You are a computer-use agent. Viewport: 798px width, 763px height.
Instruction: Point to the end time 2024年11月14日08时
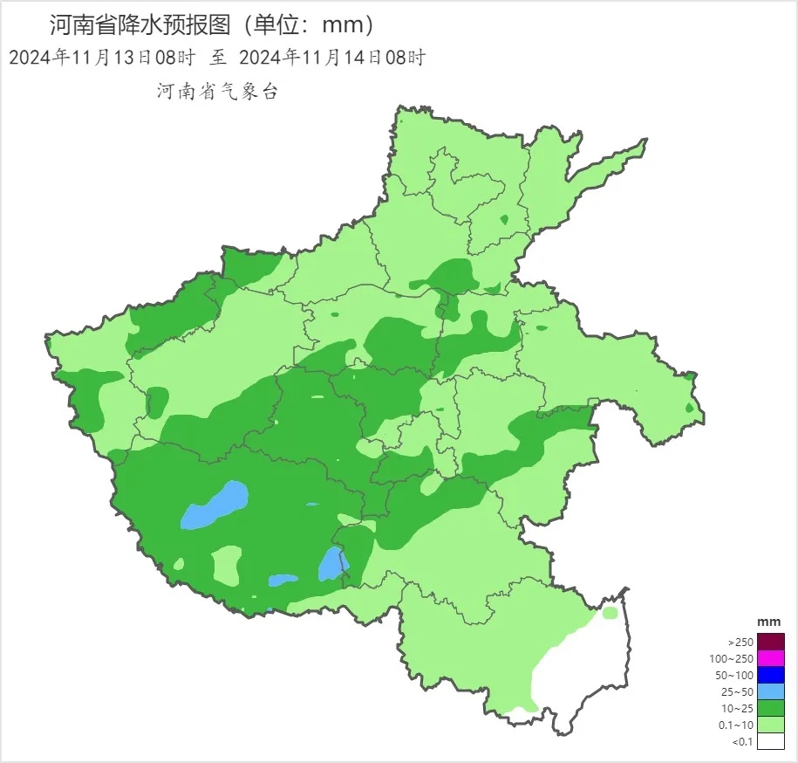coord(331,58)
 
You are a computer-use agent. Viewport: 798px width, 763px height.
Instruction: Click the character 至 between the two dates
coord(217,58)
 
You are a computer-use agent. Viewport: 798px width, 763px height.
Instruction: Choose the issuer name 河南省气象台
coord(216,91)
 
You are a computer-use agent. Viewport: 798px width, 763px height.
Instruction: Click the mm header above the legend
coord(768,621)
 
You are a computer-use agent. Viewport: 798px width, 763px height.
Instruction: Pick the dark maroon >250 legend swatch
coord(770,642)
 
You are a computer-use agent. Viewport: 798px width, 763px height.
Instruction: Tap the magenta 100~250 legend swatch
coord(770,658)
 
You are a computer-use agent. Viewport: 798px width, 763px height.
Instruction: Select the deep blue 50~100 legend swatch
coord(770,675)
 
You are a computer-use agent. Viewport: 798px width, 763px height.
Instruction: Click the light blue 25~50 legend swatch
coord(770,691)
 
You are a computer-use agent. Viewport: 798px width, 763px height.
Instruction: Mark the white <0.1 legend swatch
coord(770,741)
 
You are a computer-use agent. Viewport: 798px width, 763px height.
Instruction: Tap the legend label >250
coord(740,642)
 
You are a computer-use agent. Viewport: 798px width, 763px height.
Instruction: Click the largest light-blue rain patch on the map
coord(214,506)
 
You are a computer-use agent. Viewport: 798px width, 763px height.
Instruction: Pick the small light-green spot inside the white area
coord(610,613)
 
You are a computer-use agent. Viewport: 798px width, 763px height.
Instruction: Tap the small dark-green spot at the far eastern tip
coord(690,407)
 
